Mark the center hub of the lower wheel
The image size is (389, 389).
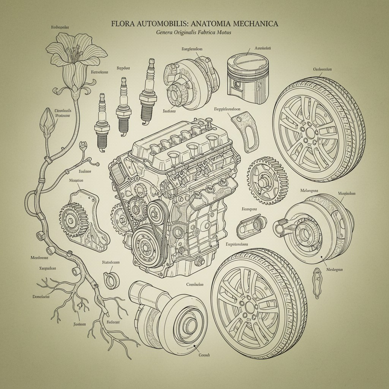(x=250, y=306)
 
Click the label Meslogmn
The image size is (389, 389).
(x=334, y=269)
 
